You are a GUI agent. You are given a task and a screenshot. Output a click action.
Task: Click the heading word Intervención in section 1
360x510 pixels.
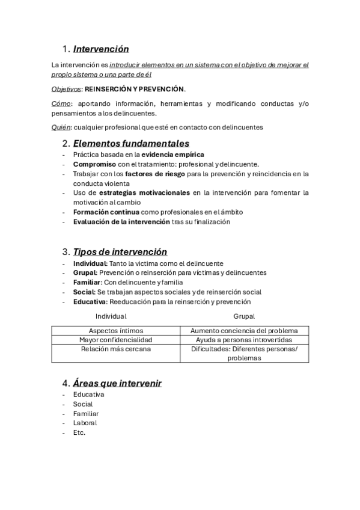coord(101,49)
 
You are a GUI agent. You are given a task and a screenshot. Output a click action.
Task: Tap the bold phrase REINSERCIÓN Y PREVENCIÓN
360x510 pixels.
coord(135,89)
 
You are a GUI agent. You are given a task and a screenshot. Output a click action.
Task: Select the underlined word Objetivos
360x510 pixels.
coord(66,89)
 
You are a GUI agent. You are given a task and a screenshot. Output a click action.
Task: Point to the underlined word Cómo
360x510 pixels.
coord(61,104)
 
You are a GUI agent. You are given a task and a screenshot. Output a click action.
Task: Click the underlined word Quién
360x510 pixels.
coord(61,127)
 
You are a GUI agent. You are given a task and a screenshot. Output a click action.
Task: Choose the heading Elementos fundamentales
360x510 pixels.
coord(131,143)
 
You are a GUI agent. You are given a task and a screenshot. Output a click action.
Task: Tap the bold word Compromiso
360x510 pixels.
coord(94,164)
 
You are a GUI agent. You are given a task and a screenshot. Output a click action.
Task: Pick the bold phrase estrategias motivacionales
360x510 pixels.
coord(144,193)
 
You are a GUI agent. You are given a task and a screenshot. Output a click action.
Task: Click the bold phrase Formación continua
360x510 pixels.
coord(106,212)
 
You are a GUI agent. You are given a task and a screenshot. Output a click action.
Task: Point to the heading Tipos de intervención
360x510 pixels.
coord(120,251)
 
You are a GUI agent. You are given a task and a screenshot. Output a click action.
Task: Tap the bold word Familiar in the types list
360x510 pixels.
coord(87,282)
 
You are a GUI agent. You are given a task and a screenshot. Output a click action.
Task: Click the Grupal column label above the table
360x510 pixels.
coord(244,316)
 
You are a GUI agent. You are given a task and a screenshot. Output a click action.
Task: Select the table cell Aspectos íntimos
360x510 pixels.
coord(115,330)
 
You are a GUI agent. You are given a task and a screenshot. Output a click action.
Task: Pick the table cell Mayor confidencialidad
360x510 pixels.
coord(115,339)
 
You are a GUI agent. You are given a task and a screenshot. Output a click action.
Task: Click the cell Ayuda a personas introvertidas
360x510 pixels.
coord(244,339)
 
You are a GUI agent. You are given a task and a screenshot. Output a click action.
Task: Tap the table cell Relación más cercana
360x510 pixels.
coord(115,348)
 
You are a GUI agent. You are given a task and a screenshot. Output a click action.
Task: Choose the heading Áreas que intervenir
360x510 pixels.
coord(117,383)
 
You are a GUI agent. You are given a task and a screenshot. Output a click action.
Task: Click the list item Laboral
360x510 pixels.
coord(85,423)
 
